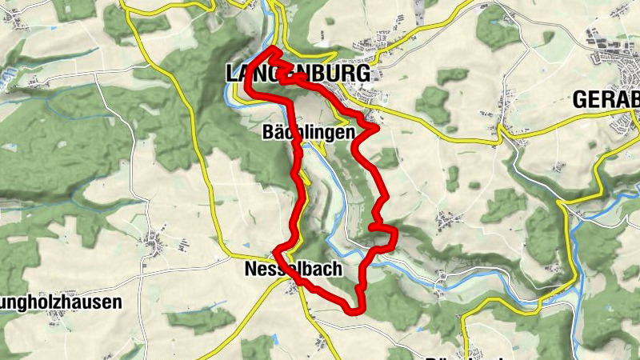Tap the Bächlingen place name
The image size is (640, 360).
click(x=308, y=134)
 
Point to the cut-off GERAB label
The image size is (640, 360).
click(x=606, y=100)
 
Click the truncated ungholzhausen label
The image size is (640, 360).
click(x=61, y=302)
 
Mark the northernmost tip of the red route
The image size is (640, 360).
click(x=274, y=50)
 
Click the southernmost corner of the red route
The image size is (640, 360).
click(x=351, y=309)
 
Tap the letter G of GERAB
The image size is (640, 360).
click(x=580, y=100)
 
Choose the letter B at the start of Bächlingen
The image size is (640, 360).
click(x=268, y=134)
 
